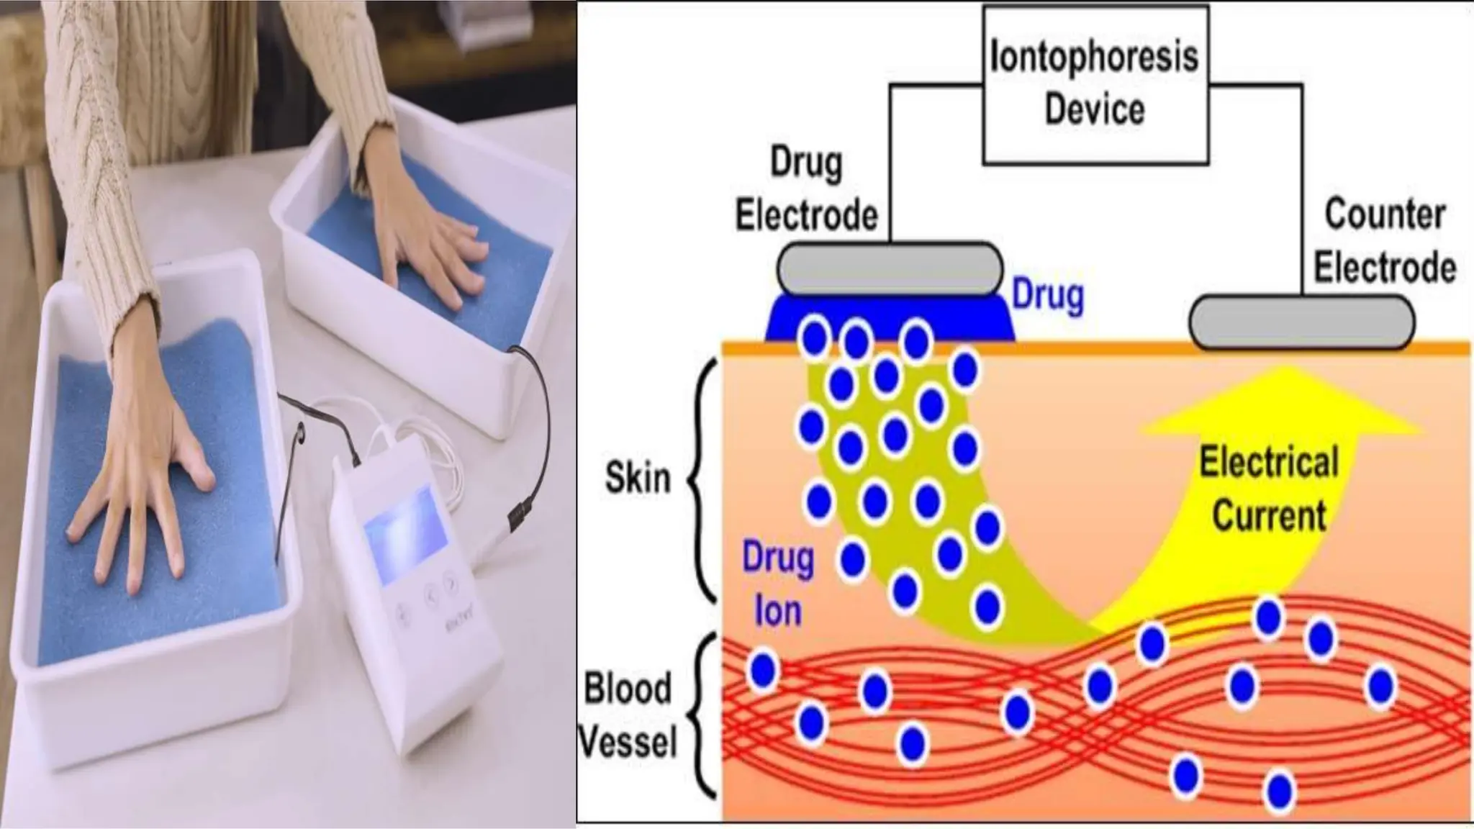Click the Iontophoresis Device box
pyautogui.click(x=1095, y=83)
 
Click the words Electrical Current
pyautogui.click(x=1269, y=489)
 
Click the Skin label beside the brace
pyautogui.click(x=638, y=478)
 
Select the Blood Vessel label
pyautogui.click(x=628, y=715)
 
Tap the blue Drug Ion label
pyautogui.click(x=778, y=584)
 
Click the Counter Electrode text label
pyautogui.click(x=1384, y=240)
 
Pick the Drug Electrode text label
pyautogui.click(x=806, y=189)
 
